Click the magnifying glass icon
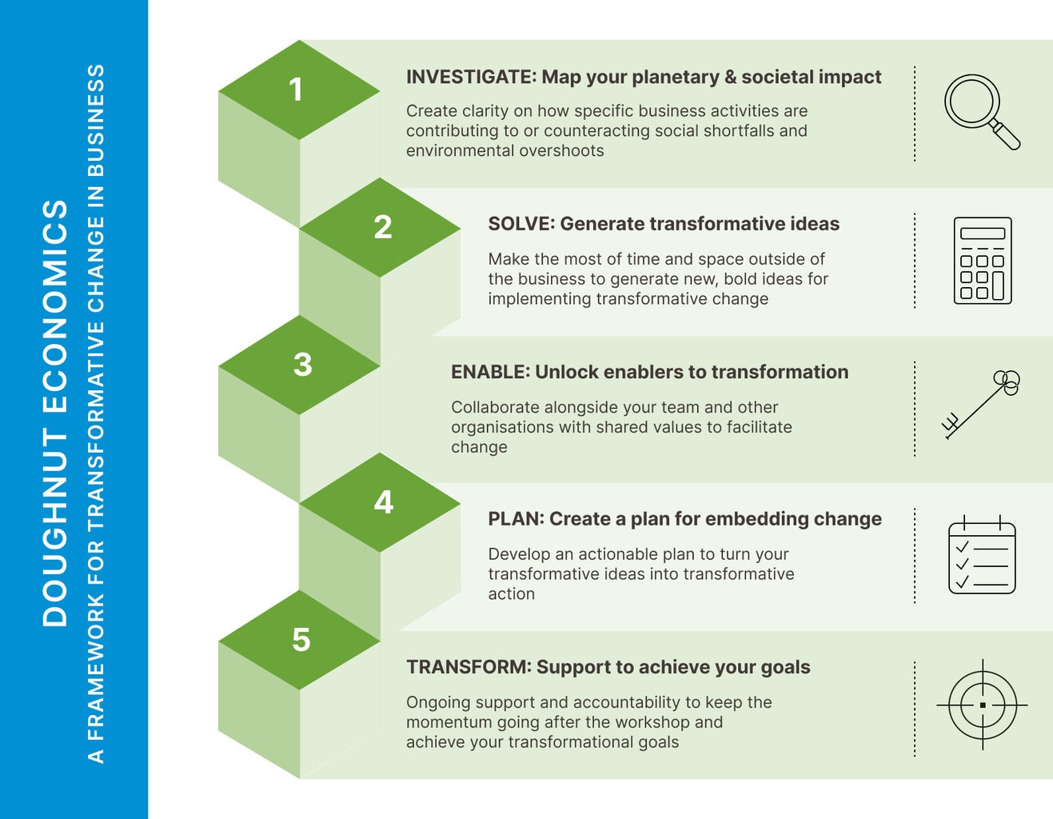tap(981, 111)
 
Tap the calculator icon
tap(983, 261)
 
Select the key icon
tap(981, 404)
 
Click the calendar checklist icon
tap(982, 555)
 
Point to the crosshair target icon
tap(982, 705)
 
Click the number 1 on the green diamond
tap(297, 90)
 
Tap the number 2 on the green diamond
tap(383, 227)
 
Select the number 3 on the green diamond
tap(302, 365)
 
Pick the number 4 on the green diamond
tap(384, 502)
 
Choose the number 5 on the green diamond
tap(301, 640)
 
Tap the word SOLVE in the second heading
tap(521, 224)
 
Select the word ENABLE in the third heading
tap(489, 372)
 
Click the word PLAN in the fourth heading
tap(515, 519)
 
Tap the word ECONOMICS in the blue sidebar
tap(54, 306)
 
